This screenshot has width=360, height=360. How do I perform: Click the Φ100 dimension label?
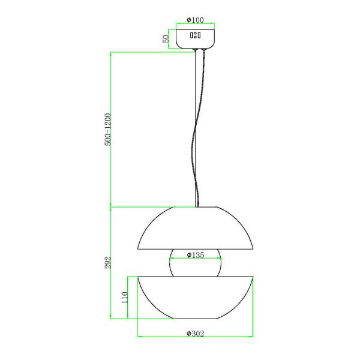coord(195,20)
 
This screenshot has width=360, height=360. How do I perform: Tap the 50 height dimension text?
coord(166,39)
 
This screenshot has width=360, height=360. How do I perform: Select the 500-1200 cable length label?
coord(107,129)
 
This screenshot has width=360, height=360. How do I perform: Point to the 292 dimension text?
coord(107,262)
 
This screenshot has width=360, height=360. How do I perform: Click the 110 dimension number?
coord(124,298)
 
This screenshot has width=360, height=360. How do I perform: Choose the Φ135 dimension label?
coord(195,255)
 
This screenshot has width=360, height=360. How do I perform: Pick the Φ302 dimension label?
coord(195,334)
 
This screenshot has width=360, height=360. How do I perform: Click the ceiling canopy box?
coord(195,39)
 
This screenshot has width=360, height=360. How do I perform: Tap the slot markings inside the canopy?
coord(195,35)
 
